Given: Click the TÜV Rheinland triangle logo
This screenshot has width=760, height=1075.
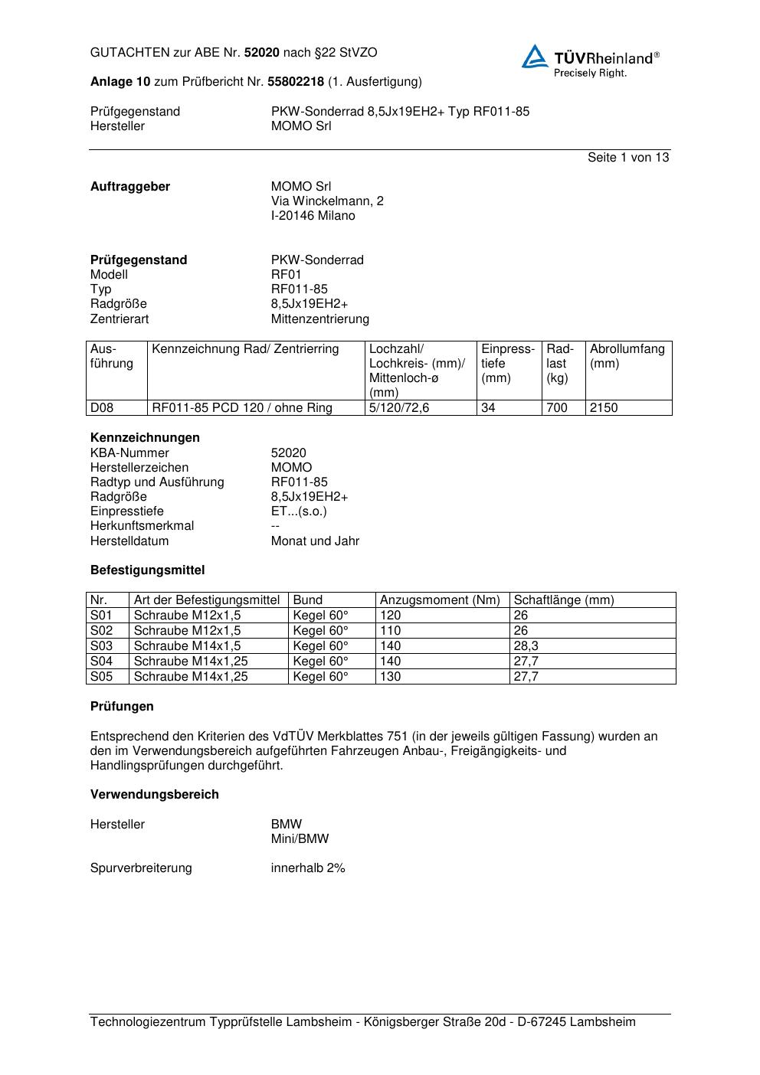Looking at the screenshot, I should pos(535,57).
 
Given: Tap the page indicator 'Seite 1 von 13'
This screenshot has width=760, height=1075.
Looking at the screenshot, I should pos(627,157).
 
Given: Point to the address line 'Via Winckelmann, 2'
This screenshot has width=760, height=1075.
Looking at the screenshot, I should pos(327,201).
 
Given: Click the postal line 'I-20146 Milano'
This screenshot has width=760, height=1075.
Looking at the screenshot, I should pos(313,215).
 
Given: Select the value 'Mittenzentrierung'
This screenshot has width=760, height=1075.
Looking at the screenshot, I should pos(319,319).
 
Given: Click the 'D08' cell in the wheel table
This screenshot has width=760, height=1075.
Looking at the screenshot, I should pos(102,407).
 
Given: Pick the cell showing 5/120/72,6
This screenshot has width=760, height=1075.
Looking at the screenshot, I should pos(399,407).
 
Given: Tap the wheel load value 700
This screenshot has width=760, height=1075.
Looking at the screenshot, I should pos(557,407).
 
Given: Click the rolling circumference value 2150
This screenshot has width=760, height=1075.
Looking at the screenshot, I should pos(604,407).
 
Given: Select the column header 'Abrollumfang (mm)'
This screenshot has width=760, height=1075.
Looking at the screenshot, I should pos(627,356).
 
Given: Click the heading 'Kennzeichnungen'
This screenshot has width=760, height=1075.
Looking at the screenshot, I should pos(145,437).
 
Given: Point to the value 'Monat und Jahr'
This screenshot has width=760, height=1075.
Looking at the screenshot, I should pos(315,541).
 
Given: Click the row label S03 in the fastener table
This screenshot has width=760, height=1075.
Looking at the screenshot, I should pos(101,645).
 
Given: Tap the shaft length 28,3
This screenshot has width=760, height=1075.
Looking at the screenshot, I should pos(526,645).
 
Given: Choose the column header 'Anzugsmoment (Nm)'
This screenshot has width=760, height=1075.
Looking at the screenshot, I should pos(440,600).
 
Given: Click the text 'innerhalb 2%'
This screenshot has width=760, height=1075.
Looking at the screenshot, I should pos(308,868).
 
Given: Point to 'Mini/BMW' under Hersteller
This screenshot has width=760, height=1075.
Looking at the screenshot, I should pos(300,838).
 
